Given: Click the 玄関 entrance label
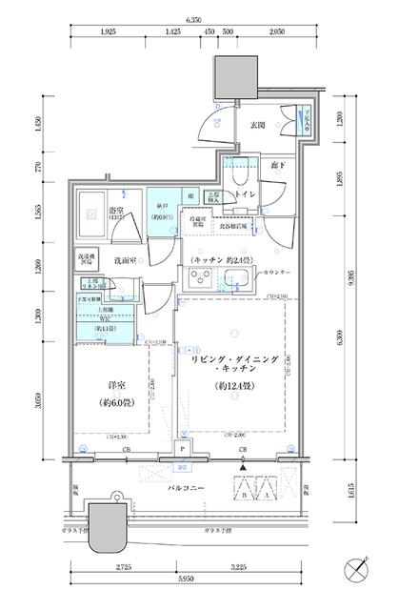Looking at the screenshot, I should (257, 125).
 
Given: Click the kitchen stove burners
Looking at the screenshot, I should (203, 280).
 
